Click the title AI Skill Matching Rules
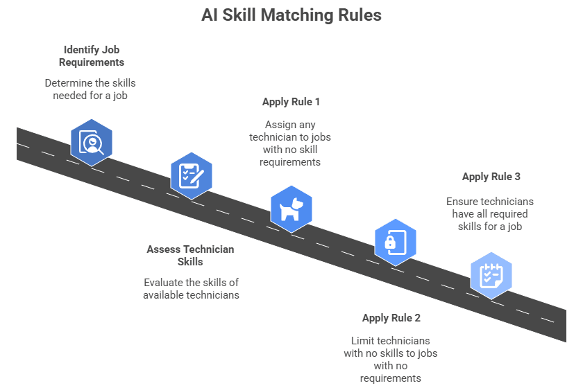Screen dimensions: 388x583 pos(291,15)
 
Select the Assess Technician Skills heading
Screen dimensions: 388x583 pos(190,255)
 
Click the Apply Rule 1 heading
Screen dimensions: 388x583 pos(291,102)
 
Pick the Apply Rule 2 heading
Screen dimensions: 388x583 pos(391,318)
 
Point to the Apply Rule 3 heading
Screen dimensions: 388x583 pos(491,177)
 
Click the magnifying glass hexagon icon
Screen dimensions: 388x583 pos(91,142)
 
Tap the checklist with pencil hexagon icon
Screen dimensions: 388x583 pos(191,175)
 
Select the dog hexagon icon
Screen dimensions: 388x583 pos(291,209)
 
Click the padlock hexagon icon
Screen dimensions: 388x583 pos(391,242)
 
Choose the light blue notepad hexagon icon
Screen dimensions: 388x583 pos(491,275)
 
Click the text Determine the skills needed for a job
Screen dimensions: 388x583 pos(91,89)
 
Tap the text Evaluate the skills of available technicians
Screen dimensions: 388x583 pos(191,288)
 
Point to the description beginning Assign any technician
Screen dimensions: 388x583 pos(291,143)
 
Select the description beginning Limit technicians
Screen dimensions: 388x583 pos(391,359)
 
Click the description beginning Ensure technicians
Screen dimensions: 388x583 pos(491,214)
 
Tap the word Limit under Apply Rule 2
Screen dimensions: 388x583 pos(364,341)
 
